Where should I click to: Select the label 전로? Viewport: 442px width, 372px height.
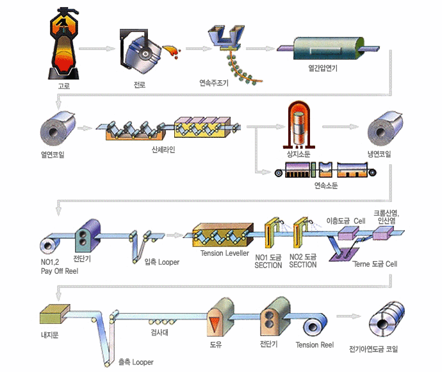pos(139,85)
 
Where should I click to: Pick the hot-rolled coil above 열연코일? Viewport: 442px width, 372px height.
pos(58,129)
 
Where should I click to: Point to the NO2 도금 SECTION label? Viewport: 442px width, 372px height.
pos(303,261)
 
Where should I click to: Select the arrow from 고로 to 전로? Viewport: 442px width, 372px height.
pos(98,48)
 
